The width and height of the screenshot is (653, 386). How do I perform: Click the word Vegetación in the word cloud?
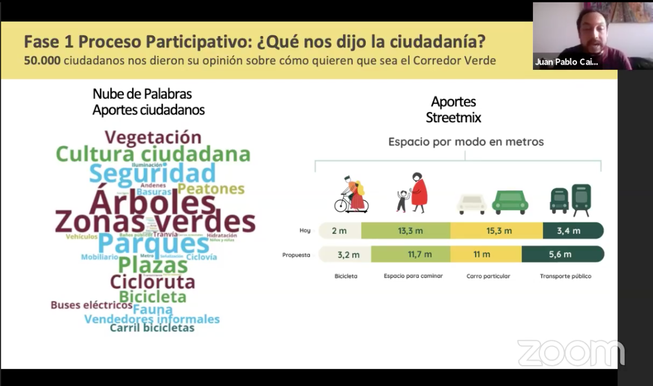[153, 137]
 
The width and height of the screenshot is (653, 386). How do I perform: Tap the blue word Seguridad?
[153, 173]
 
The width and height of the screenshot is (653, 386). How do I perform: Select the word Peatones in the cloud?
[211, 189]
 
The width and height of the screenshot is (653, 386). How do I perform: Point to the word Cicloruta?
[152, 281]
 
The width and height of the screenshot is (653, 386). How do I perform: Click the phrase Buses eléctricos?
[91, 305]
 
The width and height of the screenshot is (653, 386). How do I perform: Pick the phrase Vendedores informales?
[152, 319]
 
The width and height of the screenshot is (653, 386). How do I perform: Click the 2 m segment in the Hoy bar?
[339, 230]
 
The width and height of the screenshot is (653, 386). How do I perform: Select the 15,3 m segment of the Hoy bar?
[499, 230]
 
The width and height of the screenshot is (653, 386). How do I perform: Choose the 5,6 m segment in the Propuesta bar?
[560, 254]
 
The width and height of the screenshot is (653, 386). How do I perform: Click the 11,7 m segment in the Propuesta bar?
[420, 254]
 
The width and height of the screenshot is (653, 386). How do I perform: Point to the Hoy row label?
[305, 230]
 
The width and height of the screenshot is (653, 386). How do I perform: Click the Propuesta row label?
[296, 255]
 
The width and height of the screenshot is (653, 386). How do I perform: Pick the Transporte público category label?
[565, 276]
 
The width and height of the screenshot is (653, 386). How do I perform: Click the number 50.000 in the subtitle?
[42, 60]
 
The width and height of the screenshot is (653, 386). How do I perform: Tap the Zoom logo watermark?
[571, 353]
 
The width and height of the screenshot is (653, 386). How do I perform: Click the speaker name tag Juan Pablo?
[566, 62]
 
